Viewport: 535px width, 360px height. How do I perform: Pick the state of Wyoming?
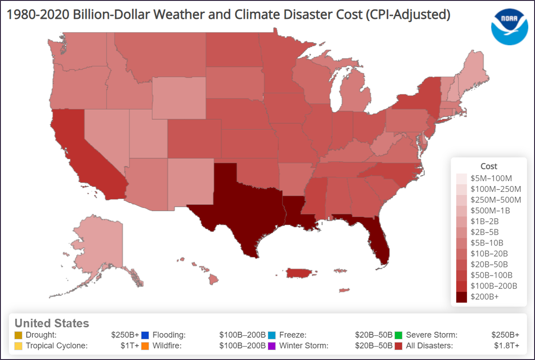[x=179, y=98]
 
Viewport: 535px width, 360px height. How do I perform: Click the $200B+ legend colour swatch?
[x=462, y=296]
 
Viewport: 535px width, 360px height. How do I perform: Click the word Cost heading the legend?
[x=489, y=166]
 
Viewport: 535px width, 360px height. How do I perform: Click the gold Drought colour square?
[x=18, y=335]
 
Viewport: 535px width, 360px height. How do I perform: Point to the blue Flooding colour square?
[x=145, y=335]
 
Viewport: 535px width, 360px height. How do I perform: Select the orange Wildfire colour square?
[x=145, y=346]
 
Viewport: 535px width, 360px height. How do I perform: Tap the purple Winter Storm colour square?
[x=272, y=346]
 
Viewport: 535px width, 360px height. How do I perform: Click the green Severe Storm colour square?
[x=399, y=335]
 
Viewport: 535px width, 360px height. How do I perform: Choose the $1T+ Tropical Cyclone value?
[x=130, y=346]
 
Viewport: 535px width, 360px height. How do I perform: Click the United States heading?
[x=52, y=323]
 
